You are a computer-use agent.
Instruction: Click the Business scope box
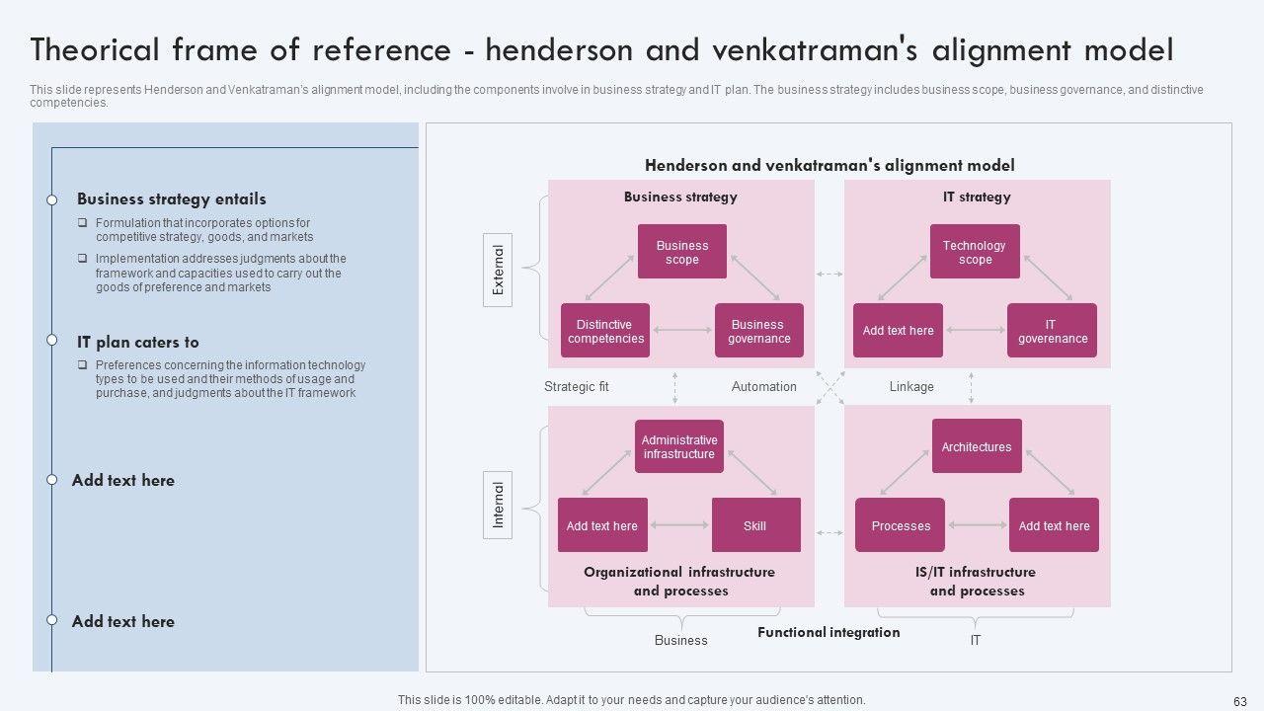pos(682,252)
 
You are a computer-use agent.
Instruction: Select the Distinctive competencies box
pos(605,331)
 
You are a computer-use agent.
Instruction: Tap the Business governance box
pos(758,331)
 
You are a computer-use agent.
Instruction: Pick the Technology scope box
pos(975,252)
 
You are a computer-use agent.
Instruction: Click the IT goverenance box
pos(1052,331)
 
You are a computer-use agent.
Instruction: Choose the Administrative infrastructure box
pos(679,446)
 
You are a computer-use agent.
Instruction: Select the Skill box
pos(755,525)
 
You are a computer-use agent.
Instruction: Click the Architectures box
pos(977,446)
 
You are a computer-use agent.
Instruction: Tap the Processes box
pos(900,525)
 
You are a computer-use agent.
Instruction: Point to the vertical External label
pos(498,271)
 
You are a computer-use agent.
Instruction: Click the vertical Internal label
pos(498,505)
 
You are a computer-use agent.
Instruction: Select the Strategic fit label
pos(577,386)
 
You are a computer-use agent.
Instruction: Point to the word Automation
pos(763,386)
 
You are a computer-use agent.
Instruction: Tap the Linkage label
pos(911,386)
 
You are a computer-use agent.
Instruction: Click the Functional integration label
pos(829,632)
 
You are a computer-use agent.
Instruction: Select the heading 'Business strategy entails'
pos(172,198)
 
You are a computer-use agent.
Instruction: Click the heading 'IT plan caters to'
pos(138,342)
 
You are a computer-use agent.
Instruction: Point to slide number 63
pos(1240,700)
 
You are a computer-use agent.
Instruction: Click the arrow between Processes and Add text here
pos(977,525)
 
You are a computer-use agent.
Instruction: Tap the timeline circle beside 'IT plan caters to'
pos(52,340)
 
